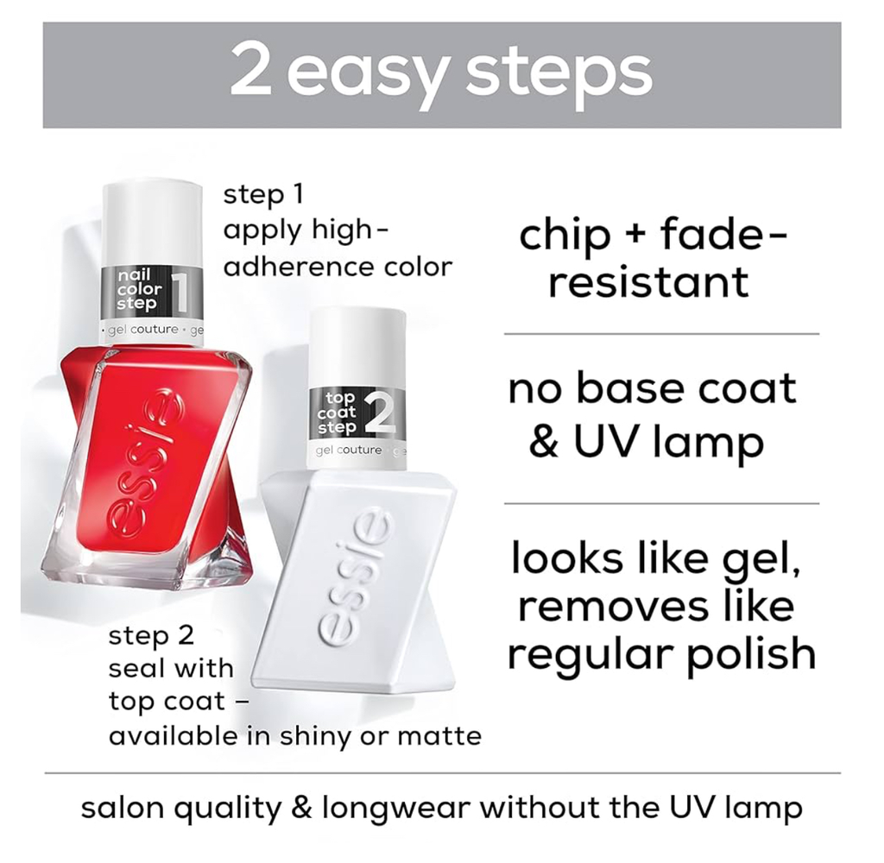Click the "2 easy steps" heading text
[x=441, y=74]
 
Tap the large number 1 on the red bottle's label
[x=180, y=292]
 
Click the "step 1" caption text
[x=263, y=194]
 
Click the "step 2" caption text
[x=151, y=636]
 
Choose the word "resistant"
[x=648, y=282]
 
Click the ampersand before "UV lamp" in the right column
[x=544, y=442]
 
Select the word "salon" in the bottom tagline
[x=121, y=808]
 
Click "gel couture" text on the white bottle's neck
[x=349, y=450]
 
